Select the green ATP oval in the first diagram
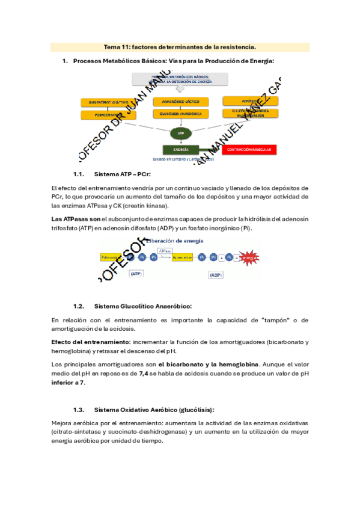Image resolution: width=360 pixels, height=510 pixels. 180,132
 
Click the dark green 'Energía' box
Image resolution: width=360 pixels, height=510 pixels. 180,149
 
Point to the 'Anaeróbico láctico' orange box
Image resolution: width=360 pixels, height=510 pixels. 180,101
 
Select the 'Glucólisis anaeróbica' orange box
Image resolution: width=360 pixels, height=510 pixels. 180,113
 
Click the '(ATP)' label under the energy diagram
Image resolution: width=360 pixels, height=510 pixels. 136,274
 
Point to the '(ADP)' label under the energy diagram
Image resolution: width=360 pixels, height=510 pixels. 217,274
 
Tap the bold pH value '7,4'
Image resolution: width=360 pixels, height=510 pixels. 144,373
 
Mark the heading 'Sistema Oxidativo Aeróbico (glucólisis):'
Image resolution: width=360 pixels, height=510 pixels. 154,410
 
